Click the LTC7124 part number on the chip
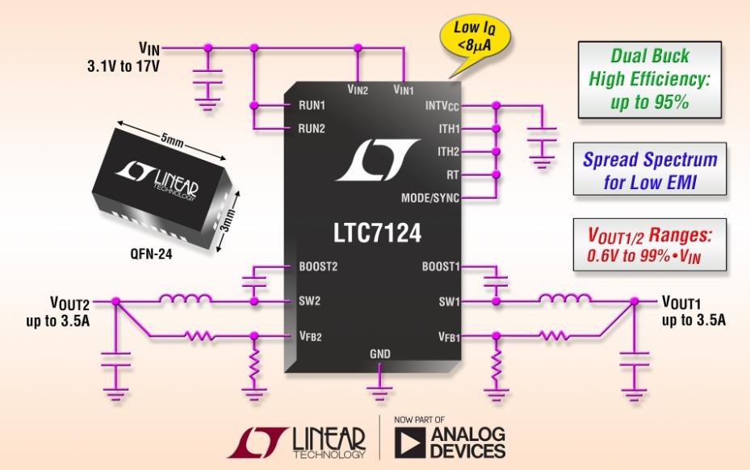coord(377,233)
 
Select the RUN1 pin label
coord(312,105)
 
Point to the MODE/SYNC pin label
coord(430,198)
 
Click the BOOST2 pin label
coord(318,266)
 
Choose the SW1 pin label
coord(449,301)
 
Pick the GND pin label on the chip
coord(379,354)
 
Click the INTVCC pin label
coord(442,106)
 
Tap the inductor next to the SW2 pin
coord(186,299)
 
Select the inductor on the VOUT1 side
coord(564,299)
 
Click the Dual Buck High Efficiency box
coord(650,79)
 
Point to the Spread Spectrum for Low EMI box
coord(650,169)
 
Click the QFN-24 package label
coord(151,254)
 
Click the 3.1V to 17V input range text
coord(124,65)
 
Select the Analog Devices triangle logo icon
coord(410,443)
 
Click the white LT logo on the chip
coord(378,160)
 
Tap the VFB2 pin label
coord(310,336)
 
